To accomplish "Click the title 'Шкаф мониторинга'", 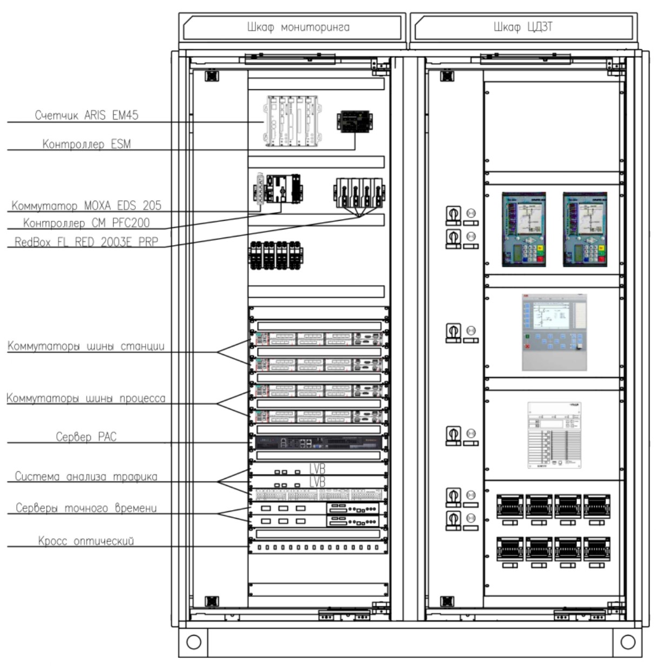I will click(298, 27).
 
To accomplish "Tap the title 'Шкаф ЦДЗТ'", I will click(523, 27).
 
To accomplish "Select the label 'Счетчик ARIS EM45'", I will click(87, 115).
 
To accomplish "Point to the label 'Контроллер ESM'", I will click(87, 144).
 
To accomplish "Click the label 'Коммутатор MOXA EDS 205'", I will click(87, 206).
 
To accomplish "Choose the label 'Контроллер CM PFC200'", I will click(87, 223).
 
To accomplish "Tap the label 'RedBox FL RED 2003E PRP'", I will click(87, 242).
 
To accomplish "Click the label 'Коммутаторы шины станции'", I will click(86, 346).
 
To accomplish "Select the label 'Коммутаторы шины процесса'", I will click(86, 399).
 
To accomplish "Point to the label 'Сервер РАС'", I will click(86, 437).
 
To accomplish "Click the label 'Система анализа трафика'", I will click(86, 477).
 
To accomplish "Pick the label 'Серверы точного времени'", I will click(86, 508).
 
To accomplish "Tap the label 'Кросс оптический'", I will click(86, 540).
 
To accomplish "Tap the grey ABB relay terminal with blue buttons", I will click(554, 333).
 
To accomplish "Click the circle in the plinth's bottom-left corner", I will click(193, 642).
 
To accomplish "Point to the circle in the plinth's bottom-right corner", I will click(628, 642).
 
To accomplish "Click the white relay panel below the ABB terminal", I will click(554, 435).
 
